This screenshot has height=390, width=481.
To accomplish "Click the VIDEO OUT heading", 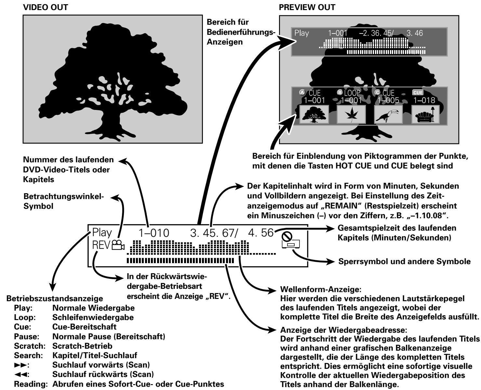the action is click(x=46, y=7).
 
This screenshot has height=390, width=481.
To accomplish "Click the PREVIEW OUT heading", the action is click(x=307, y=7).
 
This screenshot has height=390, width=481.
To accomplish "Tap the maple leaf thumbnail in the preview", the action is click(x=351, y=114).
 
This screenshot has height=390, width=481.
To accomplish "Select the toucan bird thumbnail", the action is click(x=388, y=114).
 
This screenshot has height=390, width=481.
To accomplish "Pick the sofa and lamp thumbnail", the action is click(x=425, y=114).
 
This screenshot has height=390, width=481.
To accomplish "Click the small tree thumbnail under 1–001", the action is click(x=314, y=114).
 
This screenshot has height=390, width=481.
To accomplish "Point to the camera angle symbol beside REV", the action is click(x=118, y=245).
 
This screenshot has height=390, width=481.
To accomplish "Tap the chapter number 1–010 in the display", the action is click(x=154, y=233).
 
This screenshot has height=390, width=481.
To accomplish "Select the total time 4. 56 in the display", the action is click(x=261, y=233).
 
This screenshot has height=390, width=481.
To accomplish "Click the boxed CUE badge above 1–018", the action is click(x=418, y=93).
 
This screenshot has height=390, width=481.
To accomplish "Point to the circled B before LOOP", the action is click(x=340, y=92).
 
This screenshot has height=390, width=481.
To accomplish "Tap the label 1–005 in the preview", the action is click(x=388, y=100).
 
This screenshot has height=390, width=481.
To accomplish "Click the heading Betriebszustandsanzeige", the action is click(x=55, y=299).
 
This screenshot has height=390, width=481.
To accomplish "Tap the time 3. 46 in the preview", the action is click(x=415, y=33).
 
